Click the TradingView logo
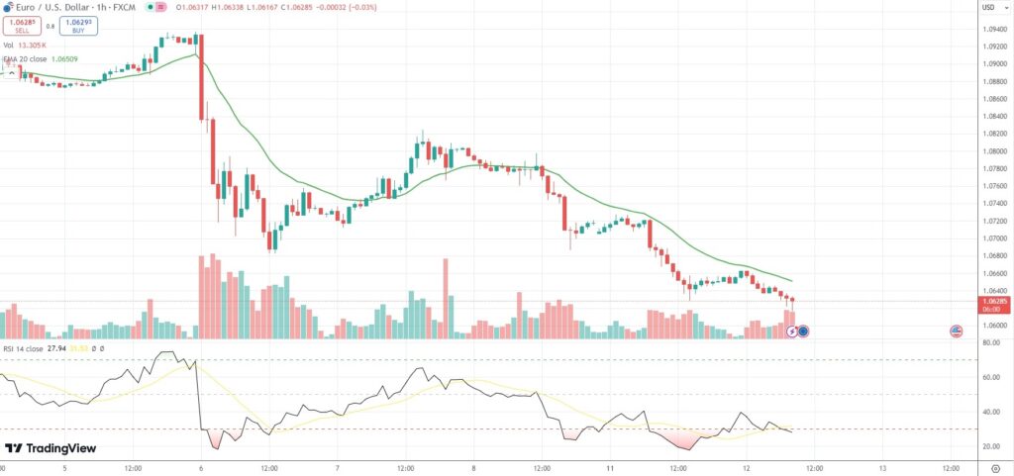pos(51,448)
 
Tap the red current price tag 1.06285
pos(994,300)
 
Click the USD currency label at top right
pos(987,8)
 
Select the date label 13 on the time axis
pos(881,466)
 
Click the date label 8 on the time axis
pos(473,466)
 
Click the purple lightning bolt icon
pos(792,331)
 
